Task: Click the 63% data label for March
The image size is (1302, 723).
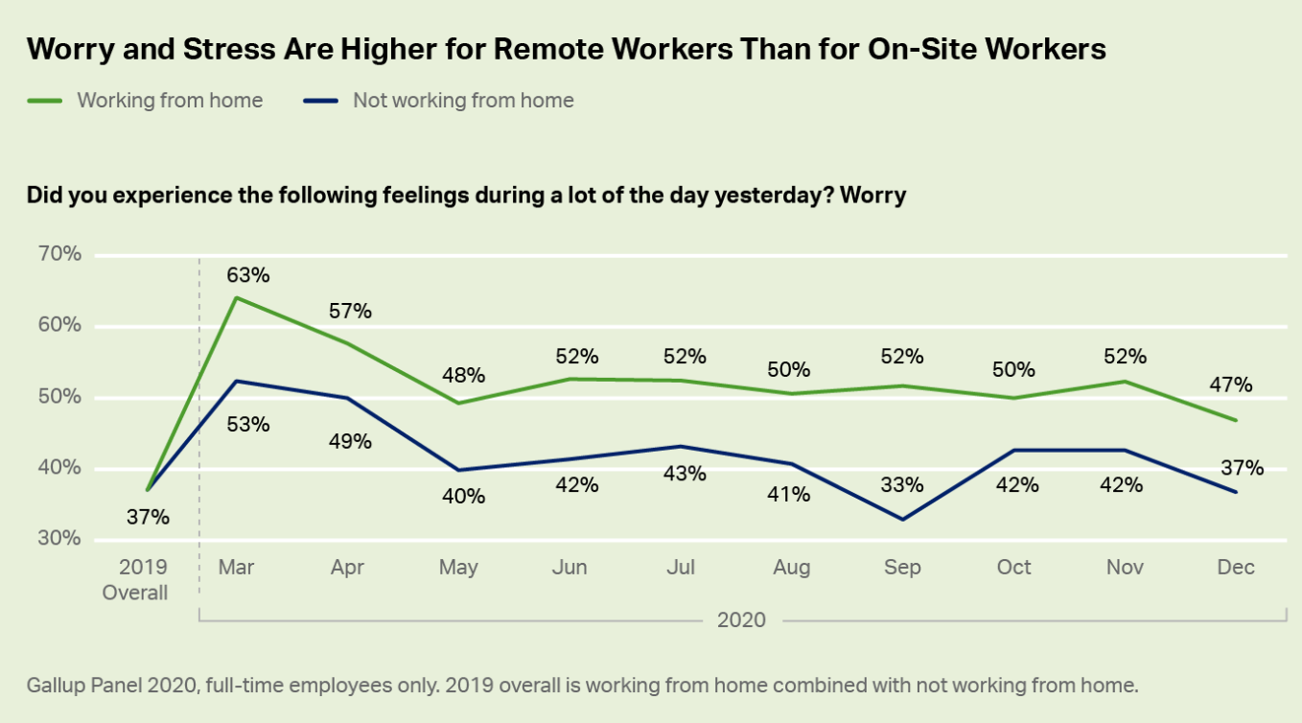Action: coord(248,275)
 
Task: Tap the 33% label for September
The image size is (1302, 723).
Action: coord(902,485)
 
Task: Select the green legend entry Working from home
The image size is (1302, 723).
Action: coord(169,100)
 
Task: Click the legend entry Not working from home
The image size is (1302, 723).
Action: coord(462,100)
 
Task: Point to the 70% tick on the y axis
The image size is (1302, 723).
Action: coord(59,254)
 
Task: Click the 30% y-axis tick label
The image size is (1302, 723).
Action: coord(59,539)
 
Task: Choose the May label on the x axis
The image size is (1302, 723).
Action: coord(458,568)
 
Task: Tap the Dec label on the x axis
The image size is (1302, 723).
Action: coord(1236,568)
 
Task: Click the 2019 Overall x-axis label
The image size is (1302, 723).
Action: coord(135,579)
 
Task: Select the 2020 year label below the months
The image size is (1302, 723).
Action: coord(741,619)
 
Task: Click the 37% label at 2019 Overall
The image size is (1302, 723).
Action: coord(148,517)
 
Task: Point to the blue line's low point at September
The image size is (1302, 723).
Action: coord(902,520)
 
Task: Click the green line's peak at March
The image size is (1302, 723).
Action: coord(236,297)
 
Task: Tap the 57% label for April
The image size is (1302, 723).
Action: coord(350,311)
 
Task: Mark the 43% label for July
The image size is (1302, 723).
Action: coord(685,473)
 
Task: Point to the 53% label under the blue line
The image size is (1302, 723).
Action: coord(248,424)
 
